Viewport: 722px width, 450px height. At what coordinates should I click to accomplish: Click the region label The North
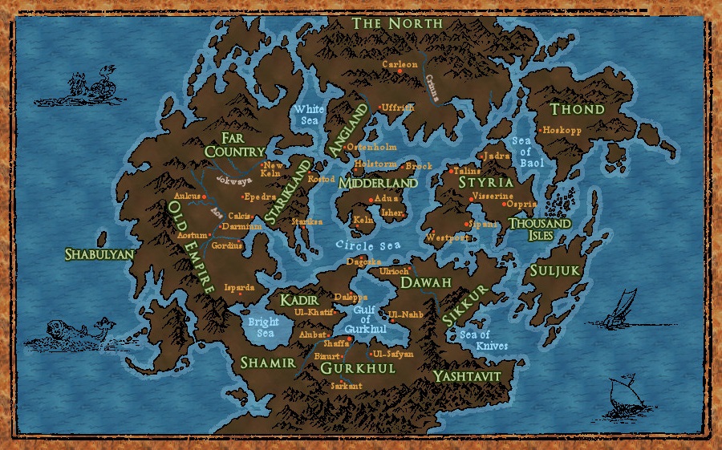tap(397, 23)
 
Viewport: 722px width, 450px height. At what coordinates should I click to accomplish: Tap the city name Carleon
tap(400, 64)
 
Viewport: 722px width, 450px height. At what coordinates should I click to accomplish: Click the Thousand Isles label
tap(539, 229)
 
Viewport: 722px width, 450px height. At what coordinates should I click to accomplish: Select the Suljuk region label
tap(554, 271)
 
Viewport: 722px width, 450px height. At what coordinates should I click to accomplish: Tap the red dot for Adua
tap(370, 200)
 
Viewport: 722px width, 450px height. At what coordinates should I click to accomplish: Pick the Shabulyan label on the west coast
tap(98, 253)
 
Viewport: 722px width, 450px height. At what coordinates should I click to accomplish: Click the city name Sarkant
tap(347, 386)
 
